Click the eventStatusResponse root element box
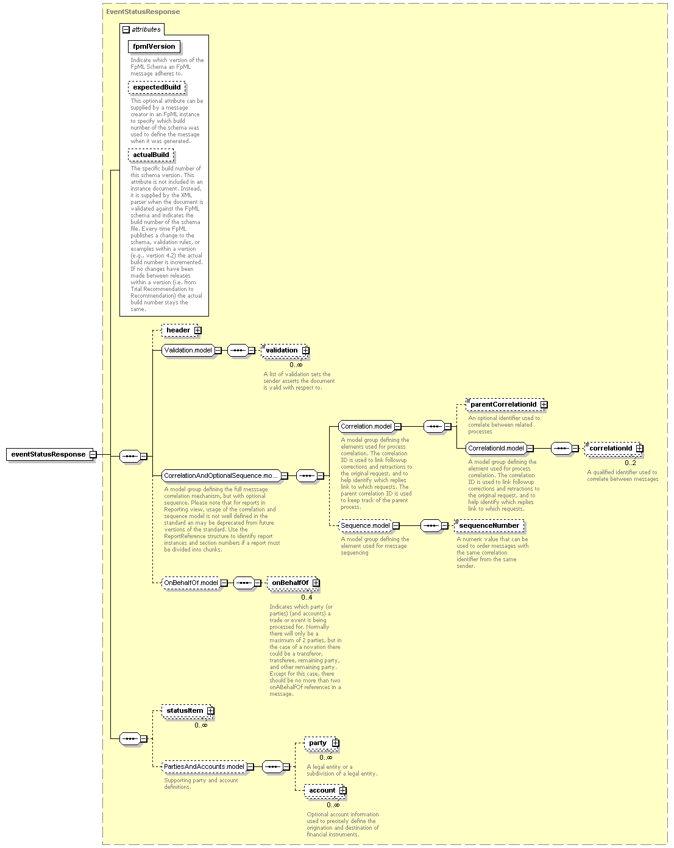point(49,454)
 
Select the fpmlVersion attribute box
point(154,46)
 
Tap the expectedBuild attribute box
point(157,88)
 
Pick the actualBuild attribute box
point(151,155)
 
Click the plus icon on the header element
point(197,330)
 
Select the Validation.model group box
point(188,350)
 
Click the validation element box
point(284,350)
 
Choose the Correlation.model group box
point(366,426)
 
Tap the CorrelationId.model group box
point(496,449)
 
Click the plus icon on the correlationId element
point(639,449)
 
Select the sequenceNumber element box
point(489,526)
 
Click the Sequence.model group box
point(366,526)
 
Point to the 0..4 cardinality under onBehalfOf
point(307,597)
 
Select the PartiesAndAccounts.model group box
point(204,766)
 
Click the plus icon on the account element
point(343,790)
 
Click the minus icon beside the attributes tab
point(126,30)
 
